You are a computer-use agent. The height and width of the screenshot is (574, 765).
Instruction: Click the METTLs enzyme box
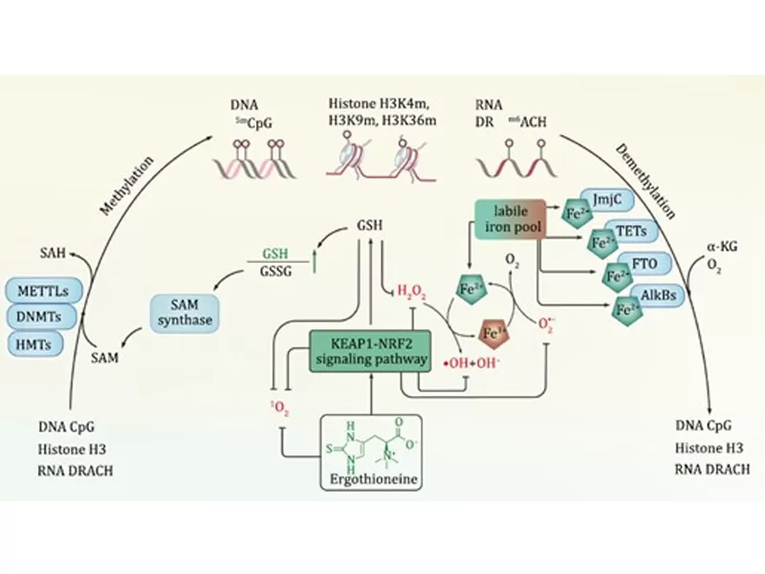pyautogui.click(x=41, y=290)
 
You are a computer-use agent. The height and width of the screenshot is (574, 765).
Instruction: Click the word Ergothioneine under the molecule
pyautogui.click(x=369, y=478)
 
